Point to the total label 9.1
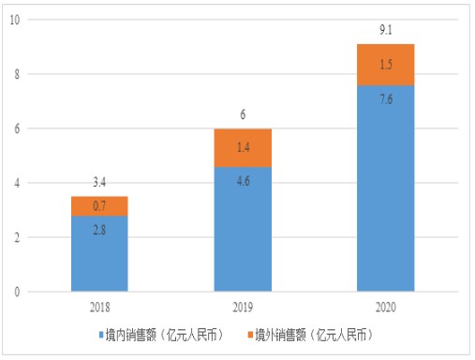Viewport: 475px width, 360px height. (386, 30)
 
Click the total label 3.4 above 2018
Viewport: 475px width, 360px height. (100, 181)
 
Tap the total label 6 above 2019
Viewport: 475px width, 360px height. (244, 113)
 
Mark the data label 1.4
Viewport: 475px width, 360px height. (244, 147)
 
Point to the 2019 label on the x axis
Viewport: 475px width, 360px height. (244, 306)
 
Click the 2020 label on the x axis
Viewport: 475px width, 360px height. (386, 306)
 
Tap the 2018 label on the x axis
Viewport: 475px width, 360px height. (100, 306)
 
